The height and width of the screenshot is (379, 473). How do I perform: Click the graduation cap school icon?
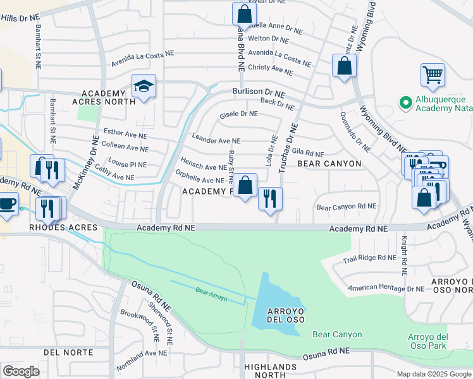(144, 87)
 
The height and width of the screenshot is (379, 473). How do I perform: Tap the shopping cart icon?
(433, 75)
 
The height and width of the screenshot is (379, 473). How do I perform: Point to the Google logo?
(21, 371)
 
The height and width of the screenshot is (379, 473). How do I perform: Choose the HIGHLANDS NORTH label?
(270, 371)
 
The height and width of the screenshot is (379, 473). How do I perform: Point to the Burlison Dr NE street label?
(259, 92)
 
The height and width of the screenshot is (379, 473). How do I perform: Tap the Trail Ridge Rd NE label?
(369, 257)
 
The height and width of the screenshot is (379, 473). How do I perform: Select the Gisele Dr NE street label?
(238, 114)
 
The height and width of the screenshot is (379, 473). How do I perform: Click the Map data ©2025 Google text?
(434, 373)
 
